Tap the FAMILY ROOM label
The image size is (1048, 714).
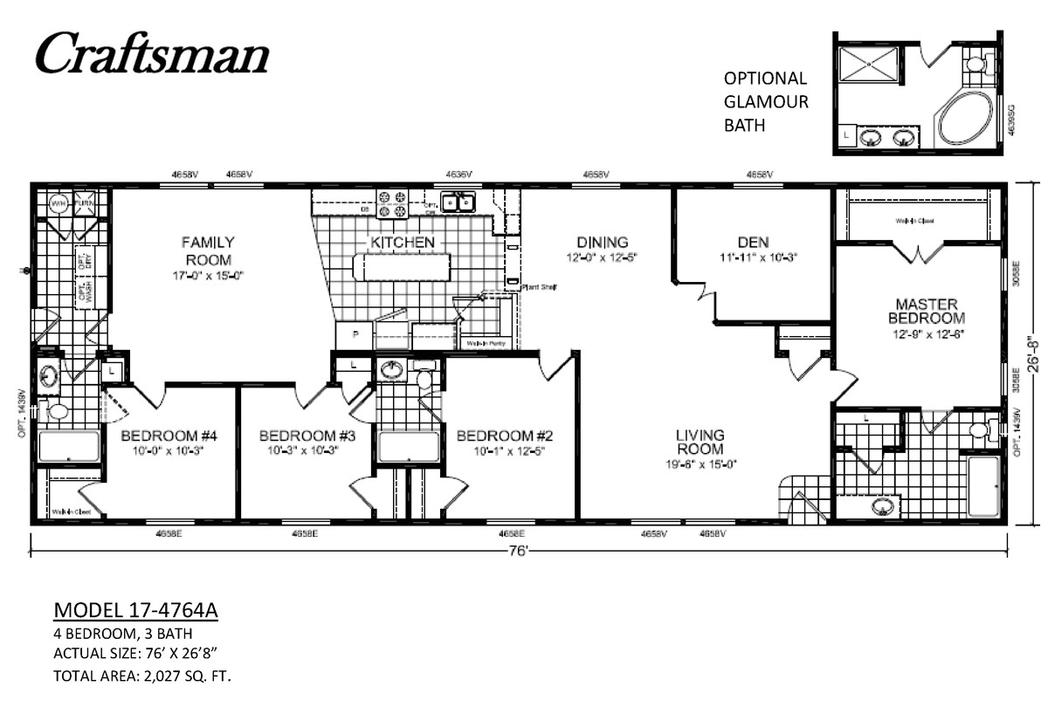point(207,251)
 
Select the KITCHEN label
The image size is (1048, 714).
point(402,242)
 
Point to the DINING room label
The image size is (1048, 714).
point(602,242)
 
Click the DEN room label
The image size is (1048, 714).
point(752,242)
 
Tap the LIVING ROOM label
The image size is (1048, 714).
point(700,442)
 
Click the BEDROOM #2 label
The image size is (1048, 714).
point(507,436)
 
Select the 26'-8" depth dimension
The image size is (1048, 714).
point(1031,354)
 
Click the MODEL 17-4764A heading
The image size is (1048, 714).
point(135,609)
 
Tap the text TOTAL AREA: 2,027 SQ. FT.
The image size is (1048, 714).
point(141,675)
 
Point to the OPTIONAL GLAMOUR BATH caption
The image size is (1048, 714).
point(766,101)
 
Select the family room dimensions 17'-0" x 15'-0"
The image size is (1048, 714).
point(207,276)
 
